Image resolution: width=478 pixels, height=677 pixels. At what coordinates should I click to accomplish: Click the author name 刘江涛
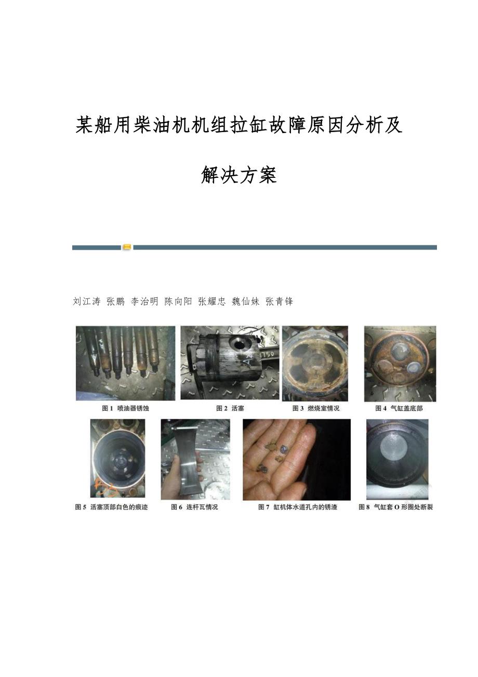click(86, 302)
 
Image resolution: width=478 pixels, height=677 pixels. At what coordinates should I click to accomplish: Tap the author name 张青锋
click(279, 302)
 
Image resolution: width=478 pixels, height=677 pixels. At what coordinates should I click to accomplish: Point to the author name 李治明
click(144, 302)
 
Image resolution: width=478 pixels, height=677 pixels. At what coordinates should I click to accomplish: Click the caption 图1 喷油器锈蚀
click(126, 409)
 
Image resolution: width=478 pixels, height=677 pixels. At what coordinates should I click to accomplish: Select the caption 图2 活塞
click(230, 409)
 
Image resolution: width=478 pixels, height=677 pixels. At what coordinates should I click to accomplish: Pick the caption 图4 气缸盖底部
click(399, 409)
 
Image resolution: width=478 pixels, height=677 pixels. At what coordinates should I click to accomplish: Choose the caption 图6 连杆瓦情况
click(194, 507)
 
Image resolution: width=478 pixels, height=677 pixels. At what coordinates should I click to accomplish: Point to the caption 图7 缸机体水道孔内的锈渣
click(298, 507)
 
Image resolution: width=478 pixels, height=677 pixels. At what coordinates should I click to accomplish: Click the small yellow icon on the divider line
click(127, 247)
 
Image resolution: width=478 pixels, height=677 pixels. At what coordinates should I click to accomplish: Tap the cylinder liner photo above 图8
click(397, 460)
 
